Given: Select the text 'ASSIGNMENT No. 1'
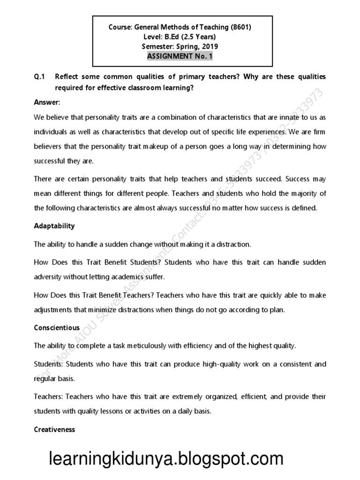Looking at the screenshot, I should pos(180,56).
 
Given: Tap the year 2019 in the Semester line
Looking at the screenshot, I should pos(210,46).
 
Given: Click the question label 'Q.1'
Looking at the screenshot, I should pos(39,76).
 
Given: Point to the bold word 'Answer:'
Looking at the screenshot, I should pos(47,102).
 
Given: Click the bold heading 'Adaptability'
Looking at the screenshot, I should pos(54,226).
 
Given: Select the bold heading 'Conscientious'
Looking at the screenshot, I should pos(57,328).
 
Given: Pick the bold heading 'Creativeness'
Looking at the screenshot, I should pos(54,429).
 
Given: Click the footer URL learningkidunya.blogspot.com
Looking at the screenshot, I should pos(166,458).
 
